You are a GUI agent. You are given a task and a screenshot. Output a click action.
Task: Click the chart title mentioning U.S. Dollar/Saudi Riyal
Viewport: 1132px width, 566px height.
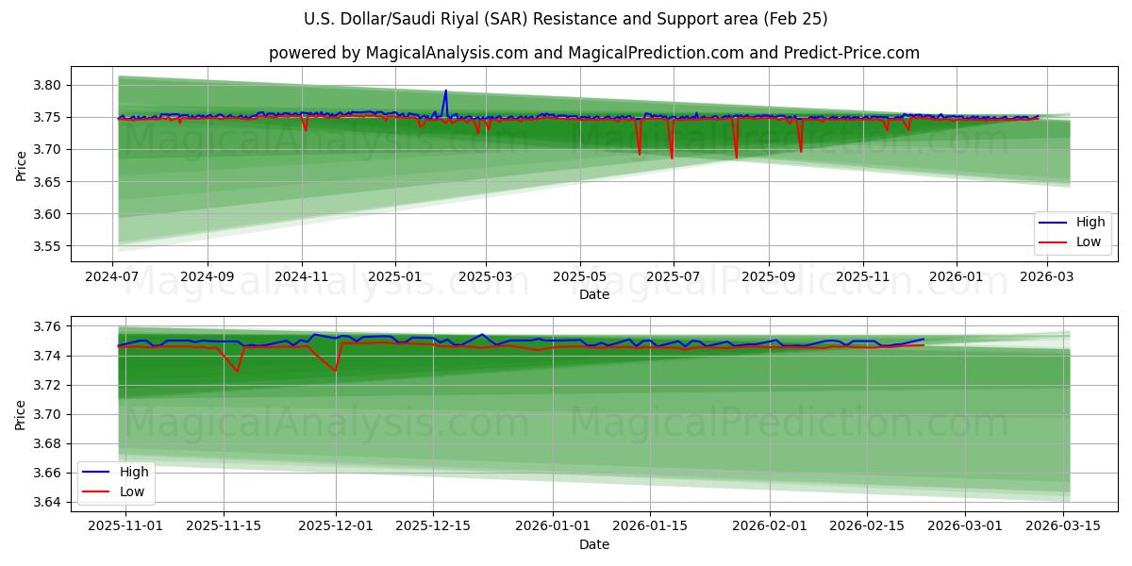pyautogui.click(x=566, y=19)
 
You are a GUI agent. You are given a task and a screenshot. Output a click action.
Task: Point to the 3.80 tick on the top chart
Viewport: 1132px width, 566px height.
pyautogui.click(x=48, y=85)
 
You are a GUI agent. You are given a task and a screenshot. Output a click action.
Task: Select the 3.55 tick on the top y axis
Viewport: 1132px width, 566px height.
pyautogui.click(x=48, y=246)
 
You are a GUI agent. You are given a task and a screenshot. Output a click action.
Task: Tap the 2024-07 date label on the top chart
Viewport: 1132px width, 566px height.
pyautogui.click(x=113, y=277)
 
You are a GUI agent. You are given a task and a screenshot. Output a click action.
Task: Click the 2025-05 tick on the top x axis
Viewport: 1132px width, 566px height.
pyautogui.click(x=580, y=277)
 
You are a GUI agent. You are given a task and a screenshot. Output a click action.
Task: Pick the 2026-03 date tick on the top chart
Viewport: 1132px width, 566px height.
pyautogui.click(x=1044, y=277)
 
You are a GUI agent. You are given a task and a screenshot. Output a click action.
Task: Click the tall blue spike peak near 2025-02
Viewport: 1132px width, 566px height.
pyautogui.click(x=445, y=92)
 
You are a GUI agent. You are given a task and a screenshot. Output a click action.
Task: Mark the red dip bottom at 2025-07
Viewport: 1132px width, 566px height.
pyautogui.click(x=672, y=158)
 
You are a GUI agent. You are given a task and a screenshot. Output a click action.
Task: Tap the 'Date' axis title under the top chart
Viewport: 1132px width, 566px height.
pyautogui.click(x=594, y=294)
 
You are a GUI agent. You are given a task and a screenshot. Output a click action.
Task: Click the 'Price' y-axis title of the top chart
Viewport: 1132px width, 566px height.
pyautogui.click(x=22, y=165)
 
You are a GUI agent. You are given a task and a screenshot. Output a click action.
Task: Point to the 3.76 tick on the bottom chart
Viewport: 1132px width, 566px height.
pyautogui.click(x=48, y=326)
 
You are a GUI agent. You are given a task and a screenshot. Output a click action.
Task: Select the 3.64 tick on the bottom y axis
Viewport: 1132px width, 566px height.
pyautogui.click(x=48, y=502)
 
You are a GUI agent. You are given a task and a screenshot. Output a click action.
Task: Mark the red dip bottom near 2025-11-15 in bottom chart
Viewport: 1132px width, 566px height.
pyautogui.click(x=237, y=371)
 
